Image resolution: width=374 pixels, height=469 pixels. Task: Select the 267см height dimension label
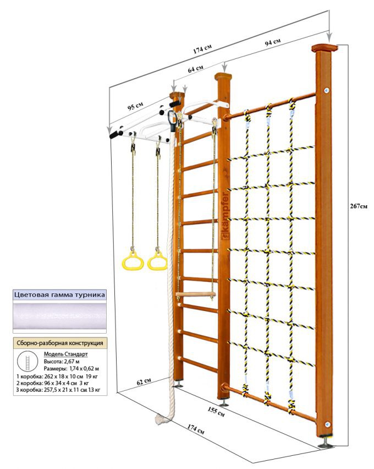[x=358, y=206]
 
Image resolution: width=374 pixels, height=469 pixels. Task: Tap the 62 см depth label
[x=145, y=380]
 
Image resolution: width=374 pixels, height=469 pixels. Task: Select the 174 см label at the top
[x=203, y=49]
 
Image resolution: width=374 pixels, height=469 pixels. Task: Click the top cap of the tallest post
[x=323, y=48]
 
